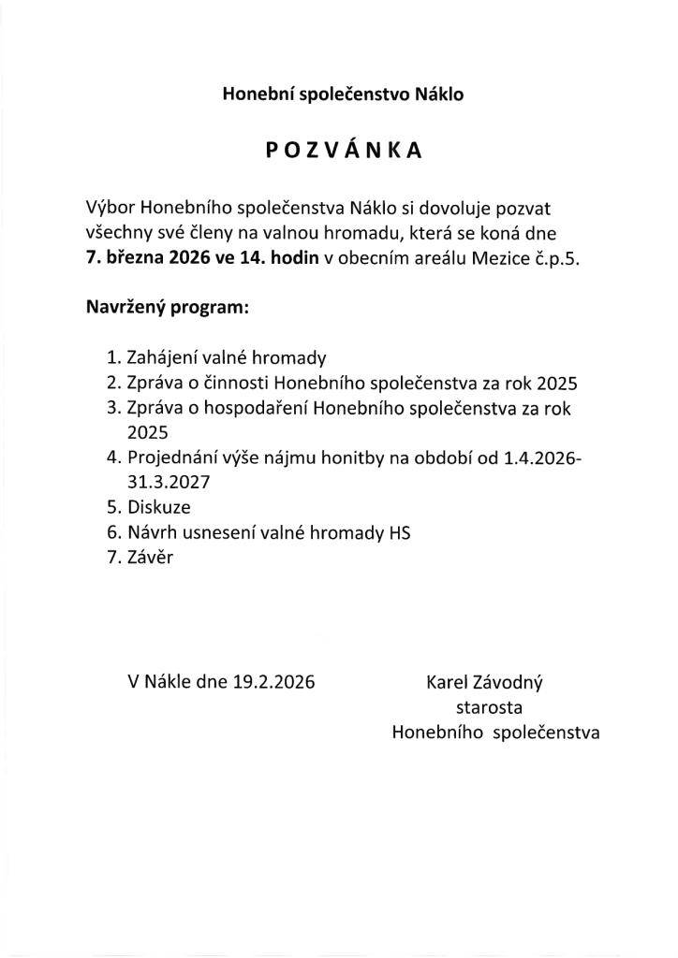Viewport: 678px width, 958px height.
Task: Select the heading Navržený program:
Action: point(167,307)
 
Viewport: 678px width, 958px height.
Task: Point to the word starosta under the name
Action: point(488,707)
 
